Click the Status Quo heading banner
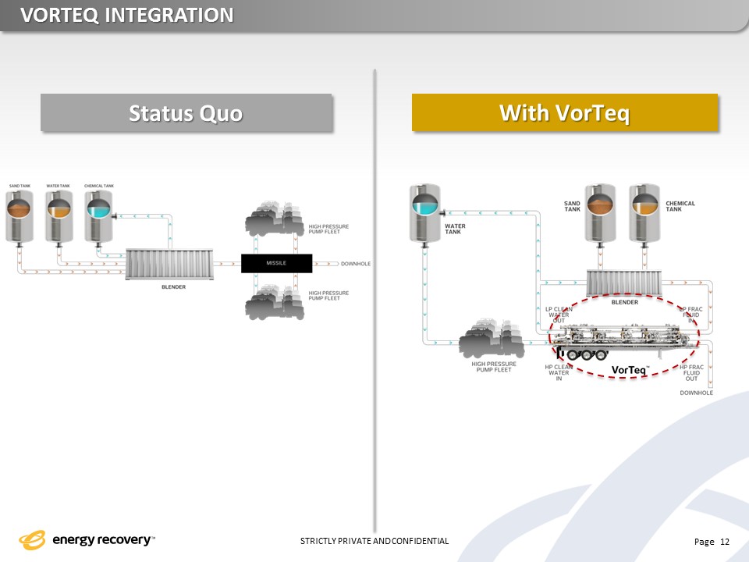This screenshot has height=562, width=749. click(x=186, y=113)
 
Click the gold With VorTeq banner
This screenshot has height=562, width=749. click(x=564, y=113)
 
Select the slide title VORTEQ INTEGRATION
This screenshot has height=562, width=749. click(x=126, y=14)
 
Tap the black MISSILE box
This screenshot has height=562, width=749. click(x=276, y=263)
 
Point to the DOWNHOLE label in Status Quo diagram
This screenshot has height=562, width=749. click(x=355, y=264)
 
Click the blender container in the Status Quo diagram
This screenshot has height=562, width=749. click(x=168, y=265)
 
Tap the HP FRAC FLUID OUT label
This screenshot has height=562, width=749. click(x=691, y=373)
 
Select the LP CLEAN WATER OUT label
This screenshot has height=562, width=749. click(x=559, y=315)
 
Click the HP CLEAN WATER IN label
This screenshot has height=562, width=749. click(x=559, y=372)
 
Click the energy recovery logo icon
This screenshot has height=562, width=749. click(x=34, y=540)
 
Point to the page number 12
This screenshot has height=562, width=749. click(x=725, y=542)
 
